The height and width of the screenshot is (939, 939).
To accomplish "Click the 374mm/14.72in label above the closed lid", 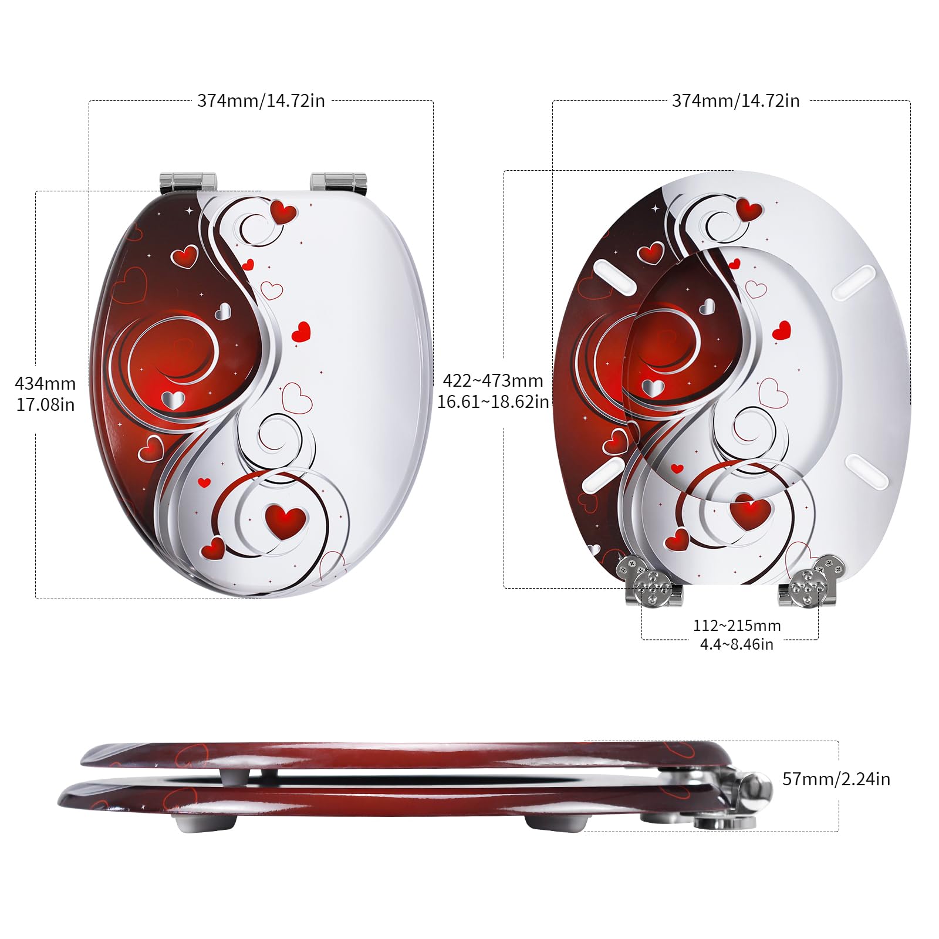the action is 261,100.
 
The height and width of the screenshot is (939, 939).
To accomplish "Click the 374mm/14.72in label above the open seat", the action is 735,100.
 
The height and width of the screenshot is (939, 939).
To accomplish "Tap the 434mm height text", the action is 45,383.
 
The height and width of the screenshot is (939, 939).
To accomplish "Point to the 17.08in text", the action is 45,404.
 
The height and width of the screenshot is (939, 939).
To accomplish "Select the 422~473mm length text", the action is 493,380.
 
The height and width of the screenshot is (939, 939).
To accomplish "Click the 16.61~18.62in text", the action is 493,401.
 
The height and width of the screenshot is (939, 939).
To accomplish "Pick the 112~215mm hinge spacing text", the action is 737,626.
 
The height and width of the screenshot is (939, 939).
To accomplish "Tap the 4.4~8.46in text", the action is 737,644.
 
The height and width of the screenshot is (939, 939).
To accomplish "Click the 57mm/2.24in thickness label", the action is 836,779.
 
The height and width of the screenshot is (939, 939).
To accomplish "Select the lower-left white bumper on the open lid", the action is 602,474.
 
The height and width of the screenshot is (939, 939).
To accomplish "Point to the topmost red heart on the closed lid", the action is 283,211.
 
